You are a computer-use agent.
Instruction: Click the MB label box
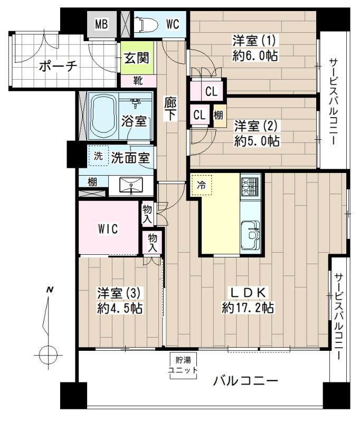pos(101,24)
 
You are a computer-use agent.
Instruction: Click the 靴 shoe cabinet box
pos(137,81)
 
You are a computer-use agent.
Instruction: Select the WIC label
pos(109,228)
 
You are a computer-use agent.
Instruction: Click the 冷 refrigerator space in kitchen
pos(201,185)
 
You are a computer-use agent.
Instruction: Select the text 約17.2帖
pos(248,308)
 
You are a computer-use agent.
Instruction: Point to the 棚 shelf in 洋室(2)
pos(217,115)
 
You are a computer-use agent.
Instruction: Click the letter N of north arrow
pos(50,290)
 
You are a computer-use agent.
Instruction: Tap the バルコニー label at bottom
pos(245,381)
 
